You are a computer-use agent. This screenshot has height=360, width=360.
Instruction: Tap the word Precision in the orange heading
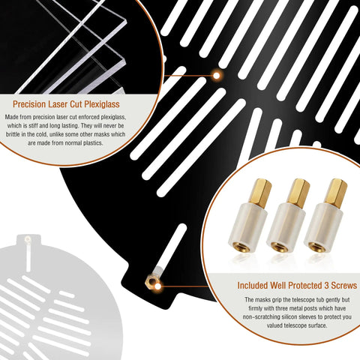coord(29,104)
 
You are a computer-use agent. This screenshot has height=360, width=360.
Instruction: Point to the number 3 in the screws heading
coord(326,286)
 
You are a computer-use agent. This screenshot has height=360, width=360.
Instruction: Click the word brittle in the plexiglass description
coord(13,134)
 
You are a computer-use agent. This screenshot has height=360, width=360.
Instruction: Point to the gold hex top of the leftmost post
coord(261,193)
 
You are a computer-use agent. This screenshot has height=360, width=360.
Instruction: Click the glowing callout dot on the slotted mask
coord(217,75)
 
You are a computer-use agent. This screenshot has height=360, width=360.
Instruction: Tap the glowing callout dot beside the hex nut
coord(157,286)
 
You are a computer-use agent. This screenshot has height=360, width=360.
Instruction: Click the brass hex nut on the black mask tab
coord(151,281)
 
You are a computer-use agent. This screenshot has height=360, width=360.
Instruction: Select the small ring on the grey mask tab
coord(27,240)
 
